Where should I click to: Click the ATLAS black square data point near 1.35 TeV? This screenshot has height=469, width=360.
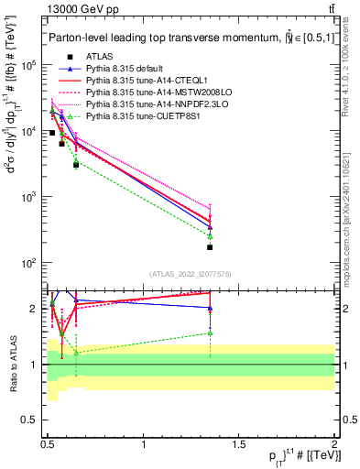(210, 247)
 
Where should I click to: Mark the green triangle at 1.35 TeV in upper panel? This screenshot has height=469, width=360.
(210, 236)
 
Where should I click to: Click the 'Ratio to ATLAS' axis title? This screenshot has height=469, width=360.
(13, 364)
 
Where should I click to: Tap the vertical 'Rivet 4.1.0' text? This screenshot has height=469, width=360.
(350, 64)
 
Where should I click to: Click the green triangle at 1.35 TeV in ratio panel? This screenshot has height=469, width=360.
(210, 333)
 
